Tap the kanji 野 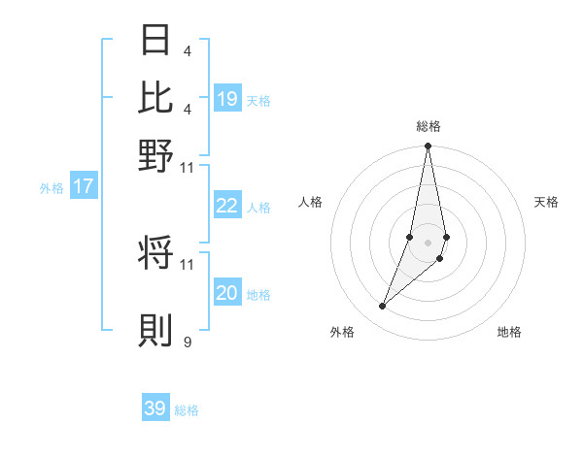[x=156, y=155]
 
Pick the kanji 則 [x=156, y=330]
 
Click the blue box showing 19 [x=227, y=98]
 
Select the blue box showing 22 [x=227, y=206]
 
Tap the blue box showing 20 [x=227, y=293]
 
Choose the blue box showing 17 [x=84, y=187]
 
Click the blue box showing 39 [x=155, y=408]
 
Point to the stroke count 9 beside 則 [x=188, y=342]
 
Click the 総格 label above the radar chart [x=429, y=126]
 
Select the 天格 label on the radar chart [x=546, y=202]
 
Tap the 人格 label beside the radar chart [x=310, y=202]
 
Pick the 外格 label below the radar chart [x=342, y=332]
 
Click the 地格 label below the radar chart [x=509, y=332]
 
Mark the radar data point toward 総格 [x=428, y=147]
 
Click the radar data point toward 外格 [x=383, y=307]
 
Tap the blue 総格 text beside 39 [x=187, y=410]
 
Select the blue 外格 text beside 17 [x=51, y=188]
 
